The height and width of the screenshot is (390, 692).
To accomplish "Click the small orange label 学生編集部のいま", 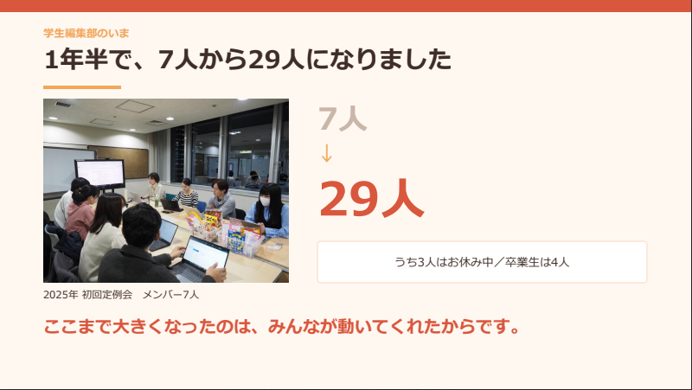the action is click(86, 33).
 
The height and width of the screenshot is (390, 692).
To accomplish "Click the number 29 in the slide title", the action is click(264, 60).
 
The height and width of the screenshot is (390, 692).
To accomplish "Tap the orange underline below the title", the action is click(82, 87).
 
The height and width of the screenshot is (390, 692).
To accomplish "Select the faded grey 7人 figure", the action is click(343, 118).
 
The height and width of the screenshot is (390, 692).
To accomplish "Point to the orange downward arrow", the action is click(327, 153).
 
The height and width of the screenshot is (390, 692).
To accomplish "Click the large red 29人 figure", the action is click(372, 199).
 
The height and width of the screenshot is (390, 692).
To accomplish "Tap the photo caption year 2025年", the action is click(61, 295).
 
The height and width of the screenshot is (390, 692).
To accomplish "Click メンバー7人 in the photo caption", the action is click(170, 295).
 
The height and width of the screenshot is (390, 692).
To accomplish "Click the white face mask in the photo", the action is click(265, 201).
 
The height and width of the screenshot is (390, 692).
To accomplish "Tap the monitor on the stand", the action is click(100, 174).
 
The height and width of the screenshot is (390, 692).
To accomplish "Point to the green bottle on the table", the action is click(157, 201).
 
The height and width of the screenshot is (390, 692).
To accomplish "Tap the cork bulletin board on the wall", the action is click(119, 162).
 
